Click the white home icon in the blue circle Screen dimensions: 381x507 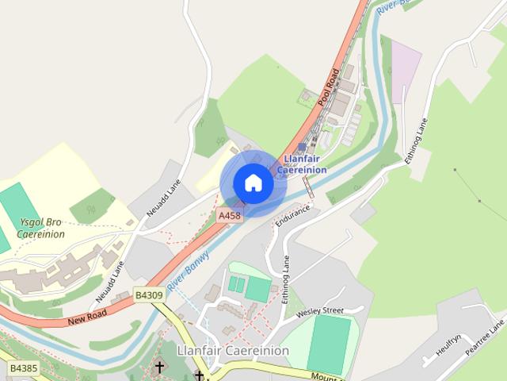click(x=253, y=183)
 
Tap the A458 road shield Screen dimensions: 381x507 click(x=229, y=215)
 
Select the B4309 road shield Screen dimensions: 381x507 click(x=148, y=294)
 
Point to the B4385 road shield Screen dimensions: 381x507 click(x=24, y=369)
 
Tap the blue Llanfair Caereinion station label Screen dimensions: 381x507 click(x=302, y=164)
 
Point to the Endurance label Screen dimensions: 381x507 click(x=293, y=215)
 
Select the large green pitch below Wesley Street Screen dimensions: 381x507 click(x=328, y=344)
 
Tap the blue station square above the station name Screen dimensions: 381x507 click(x=302, y=148)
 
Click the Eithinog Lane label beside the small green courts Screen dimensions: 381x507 click(x=285, y=279)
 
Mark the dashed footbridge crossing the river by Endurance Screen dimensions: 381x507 click(x=307, y=187)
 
